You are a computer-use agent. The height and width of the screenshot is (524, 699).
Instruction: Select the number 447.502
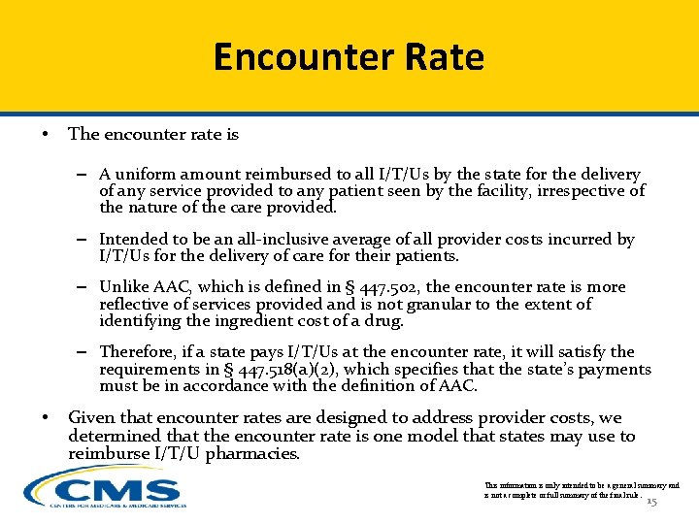click(x=386, y=287)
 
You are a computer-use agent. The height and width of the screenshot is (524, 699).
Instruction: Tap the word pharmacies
click(x=252, y=454)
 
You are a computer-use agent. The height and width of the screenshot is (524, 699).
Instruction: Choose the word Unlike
click(x=124, y=287)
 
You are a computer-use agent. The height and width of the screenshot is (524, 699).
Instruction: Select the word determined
click(x=114, y=437)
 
